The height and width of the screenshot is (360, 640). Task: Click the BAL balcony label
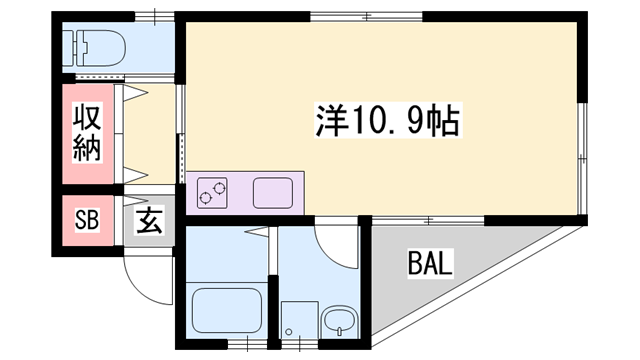click(x=430, y=265)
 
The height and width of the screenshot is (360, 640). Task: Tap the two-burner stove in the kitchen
click(x=211, y=191)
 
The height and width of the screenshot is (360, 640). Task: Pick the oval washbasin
click(x=339, y=322)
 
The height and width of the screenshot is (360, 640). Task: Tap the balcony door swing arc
click(x=338, y=245)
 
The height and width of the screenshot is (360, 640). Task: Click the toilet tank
click(x=73, y=45)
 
